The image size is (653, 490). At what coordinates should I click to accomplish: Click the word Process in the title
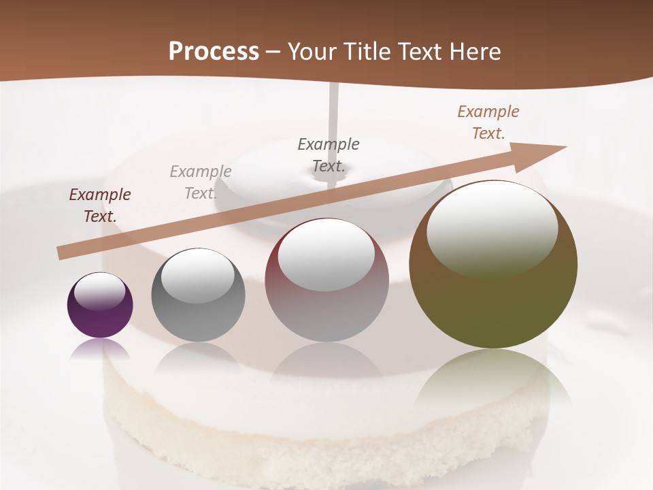(214, 51)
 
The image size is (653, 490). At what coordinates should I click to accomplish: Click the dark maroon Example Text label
(100, 206)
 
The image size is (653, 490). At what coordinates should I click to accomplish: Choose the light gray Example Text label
(201, 182)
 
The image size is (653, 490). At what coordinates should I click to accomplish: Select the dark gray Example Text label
(329, 154)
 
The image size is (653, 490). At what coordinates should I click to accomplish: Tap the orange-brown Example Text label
(488, 122)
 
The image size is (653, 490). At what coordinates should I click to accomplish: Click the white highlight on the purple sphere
(100, 292)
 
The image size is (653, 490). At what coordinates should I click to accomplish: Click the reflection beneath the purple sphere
(100, 349)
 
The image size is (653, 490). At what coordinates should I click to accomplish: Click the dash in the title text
(273, 52)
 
